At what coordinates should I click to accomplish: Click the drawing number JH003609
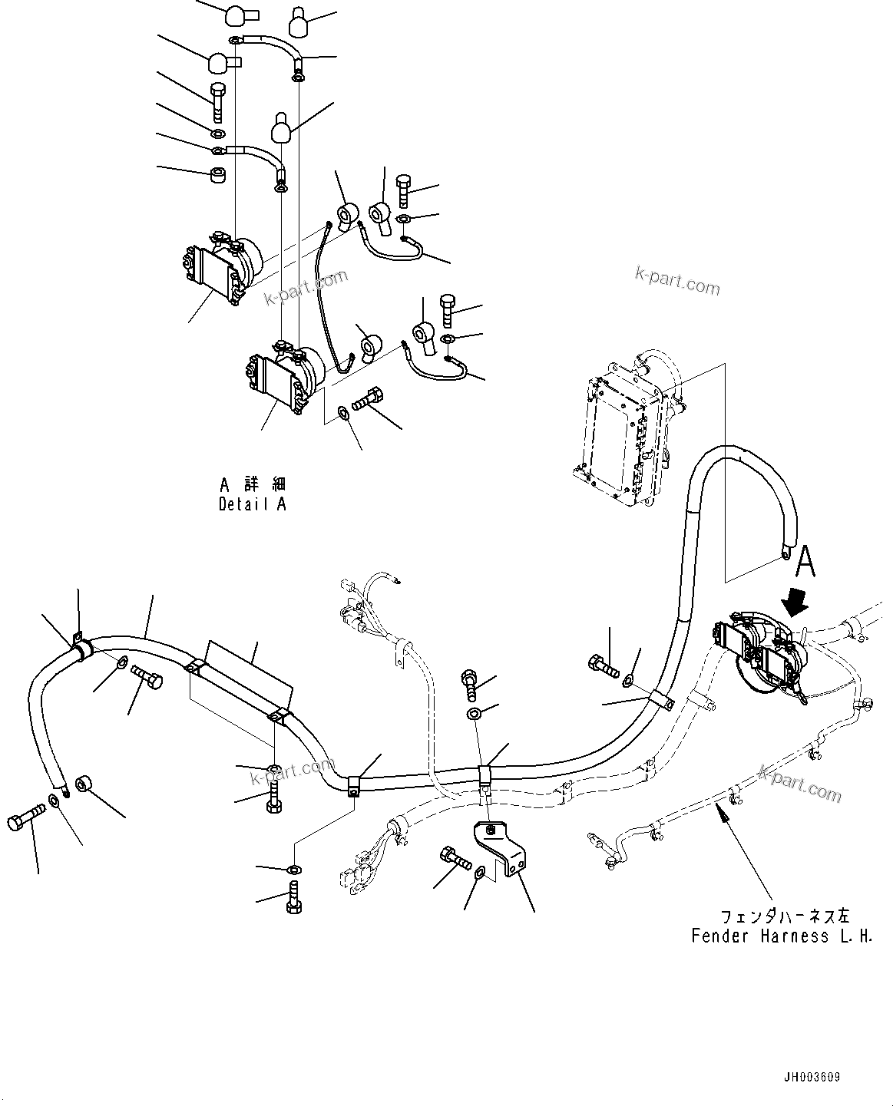click(x=811, y=1078)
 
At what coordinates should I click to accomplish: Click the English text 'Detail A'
click(x=252, y=504)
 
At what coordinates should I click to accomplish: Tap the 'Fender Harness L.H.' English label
click(x=781, y=936)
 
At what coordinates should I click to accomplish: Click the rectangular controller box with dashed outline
click(x=623, y=431)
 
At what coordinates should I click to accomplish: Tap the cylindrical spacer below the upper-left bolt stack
click(x=217, y=173)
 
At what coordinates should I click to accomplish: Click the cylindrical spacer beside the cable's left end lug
click(x=84, y=787)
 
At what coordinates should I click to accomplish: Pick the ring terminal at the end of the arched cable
click(x=786, y=550)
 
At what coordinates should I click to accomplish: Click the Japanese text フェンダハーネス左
click(x=784, y=916)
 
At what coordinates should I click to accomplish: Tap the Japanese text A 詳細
click(x=252, y=484)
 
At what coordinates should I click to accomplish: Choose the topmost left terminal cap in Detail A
click(x=233, y=15)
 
